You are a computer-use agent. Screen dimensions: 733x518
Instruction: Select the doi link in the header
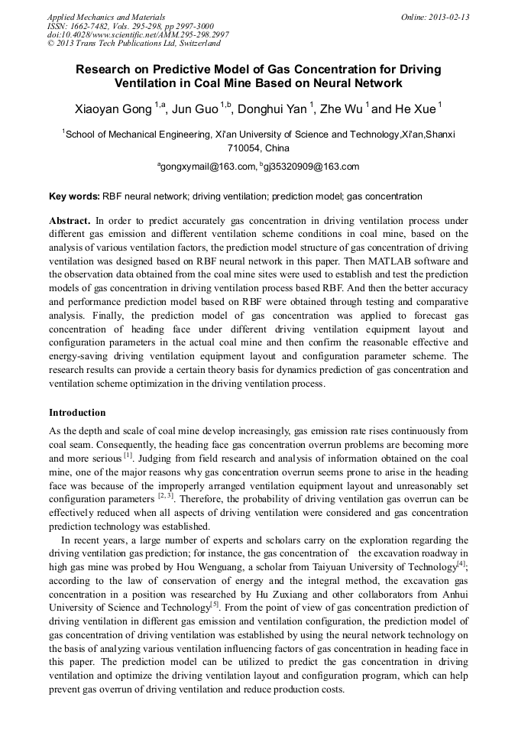coord(138,34)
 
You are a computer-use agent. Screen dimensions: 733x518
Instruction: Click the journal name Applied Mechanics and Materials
coord(105,16)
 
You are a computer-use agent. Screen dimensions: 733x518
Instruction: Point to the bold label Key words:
coord(74,196)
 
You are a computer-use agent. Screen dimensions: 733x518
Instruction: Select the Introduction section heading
coord(77,413)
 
